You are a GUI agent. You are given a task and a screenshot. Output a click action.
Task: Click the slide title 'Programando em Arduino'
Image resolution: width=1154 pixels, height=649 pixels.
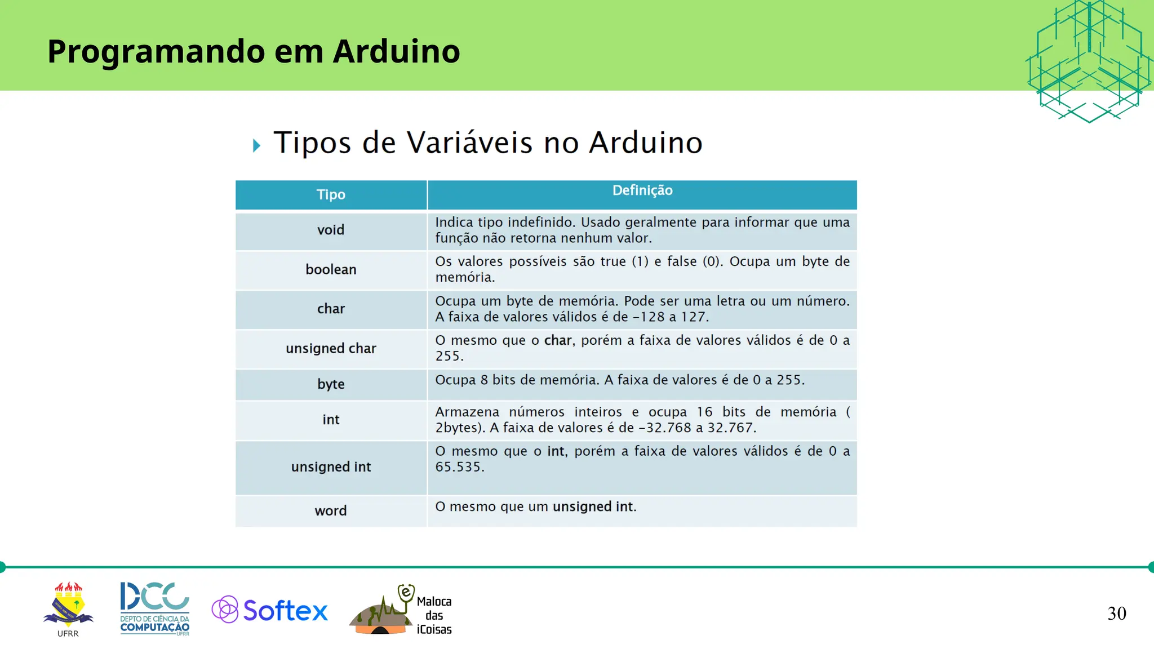click(254, 51)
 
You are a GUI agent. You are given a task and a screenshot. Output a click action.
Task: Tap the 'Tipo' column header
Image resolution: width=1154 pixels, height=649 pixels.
click(331, 195)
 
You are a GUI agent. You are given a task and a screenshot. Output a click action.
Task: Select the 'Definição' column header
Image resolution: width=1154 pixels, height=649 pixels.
click(642, 190)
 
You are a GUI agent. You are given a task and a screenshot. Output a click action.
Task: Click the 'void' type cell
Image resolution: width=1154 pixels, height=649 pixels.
click(331, 230)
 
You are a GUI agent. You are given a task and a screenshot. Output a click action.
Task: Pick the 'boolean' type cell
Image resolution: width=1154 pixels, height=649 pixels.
click(331, 269)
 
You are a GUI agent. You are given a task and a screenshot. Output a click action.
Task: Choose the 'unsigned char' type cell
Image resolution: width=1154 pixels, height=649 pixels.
click(331, 348)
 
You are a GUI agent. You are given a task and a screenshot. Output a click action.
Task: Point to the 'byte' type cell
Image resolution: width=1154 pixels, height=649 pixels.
click(331, 384)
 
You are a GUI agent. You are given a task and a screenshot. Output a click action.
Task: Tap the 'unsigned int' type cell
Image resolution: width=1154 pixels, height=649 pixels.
click(331, 467)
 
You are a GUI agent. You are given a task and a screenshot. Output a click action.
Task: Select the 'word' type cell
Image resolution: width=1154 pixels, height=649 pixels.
click(331, 511)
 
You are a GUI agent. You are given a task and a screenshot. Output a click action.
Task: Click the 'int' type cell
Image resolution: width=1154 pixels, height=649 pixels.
click(331, 420)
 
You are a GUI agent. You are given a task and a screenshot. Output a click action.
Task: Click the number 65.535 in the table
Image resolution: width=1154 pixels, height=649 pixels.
click(459, 467)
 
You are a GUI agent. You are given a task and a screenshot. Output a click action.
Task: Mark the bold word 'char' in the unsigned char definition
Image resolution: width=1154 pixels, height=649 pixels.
click(558, 340)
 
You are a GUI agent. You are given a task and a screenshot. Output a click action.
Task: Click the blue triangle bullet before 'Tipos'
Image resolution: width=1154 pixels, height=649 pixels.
click(257, 146)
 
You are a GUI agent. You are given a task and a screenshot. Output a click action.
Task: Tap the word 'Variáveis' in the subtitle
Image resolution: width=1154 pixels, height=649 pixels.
click(469, 143)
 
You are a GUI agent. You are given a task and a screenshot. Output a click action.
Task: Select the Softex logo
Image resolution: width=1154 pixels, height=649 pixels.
click(269, 610)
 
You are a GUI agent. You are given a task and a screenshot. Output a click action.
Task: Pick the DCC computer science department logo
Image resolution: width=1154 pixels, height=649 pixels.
click(155, 608)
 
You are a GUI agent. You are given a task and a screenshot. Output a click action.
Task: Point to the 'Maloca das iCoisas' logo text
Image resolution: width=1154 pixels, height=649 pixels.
click(434, 615)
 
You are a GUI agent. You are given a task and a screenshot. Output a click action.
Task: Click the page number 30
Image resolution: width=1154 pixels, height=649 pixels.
click(1116, 614)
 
